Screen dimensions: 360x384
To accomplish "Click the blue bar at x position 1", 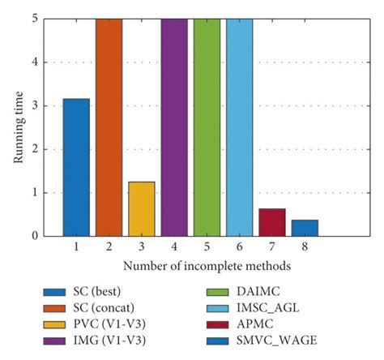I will click(76, 167).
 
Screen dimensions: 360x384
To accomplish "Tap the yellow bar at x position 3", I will click(141, 208).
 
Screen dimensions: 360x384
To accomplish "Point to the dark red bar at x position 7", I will click(272, 222).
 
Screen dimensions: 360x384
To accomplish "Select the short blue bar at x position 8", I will click(305, 228).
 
